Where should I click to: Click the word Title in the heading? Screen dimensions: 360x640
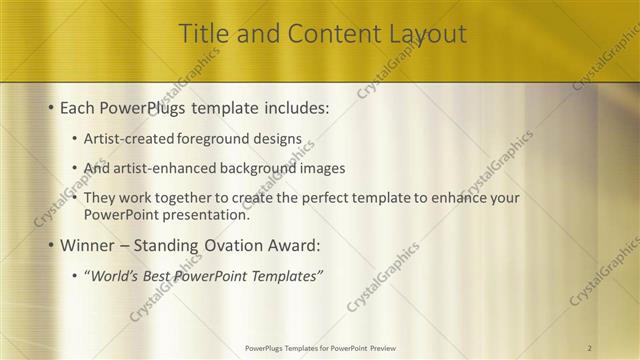click(x=203, y=34)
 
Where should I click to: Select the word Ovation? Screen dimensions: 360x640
click(x=247, y=245)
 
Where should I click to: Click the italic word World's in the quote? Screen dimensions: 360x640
click(x=115, y=276)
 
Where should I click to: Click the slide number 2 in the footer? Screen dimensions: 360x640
click(x=590, y=347)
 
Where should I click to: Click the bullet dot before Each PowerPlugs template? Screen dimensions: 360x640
click(x=50, y=108)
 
